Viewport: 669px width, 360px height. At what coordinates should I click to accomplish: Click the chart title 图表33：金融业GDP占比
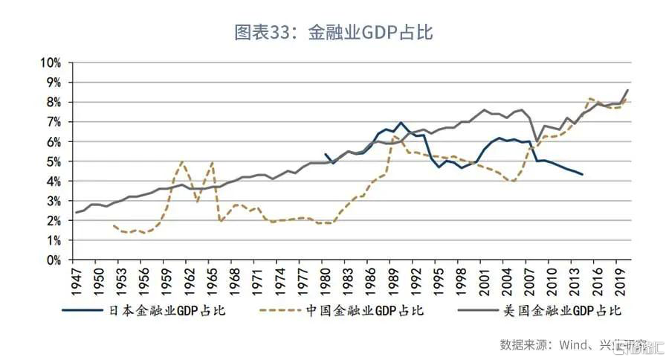[x=334, y=32]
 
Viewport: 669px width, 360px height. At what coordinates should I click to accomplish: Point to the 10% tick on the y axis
[x=50, y=62]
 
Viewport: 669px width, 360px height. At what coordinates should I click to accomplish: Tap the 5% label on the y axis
[x=53, y=161]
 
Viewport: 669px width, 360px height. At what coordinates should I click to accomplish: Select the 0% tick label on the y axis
[x=53, y=260]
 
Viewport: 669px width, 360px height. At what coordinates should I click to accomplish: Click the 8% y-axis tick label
[x=53, y=102]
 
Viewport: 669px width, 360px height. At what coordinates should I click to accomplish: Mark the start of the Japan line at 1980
[x=326, y=154]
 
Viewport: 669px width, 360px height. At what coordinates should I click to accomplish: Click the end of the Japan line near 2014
[x=582, y=174]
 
